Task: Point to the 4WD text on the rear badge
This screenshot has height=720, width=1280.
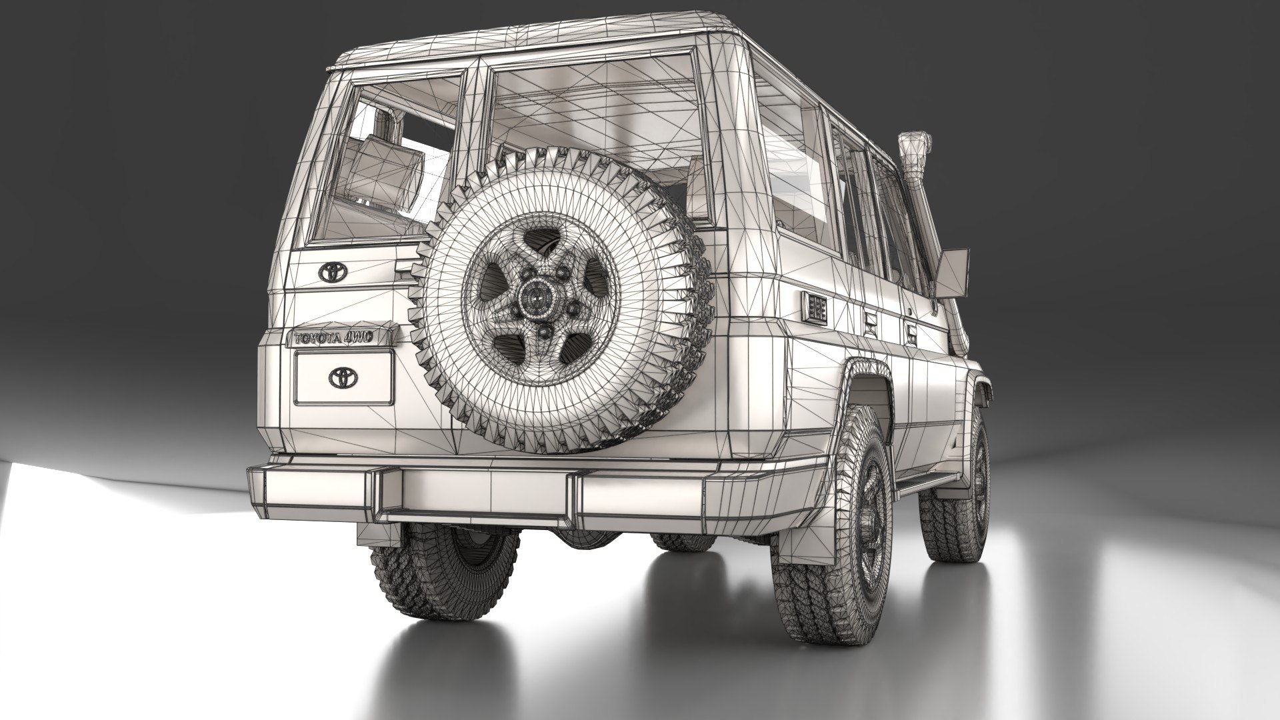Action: pos(363,338)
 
